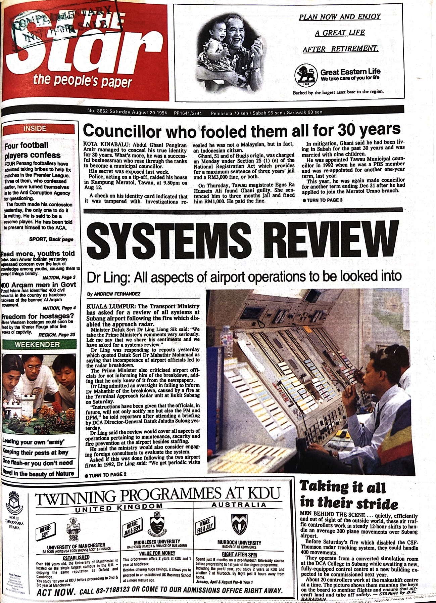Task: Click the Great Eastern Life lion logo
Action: tap(306, 75)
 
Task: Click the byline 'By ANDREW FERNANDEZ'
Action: tap(114, 294)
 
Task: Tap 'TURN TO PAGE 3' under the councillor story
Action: tap(323, 200)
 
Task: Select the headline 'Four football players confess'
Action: tap(33, 150)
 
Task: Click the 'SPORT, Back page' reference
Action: tap(51, 240)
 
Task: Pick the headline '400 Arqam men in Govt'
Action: tap(38, 285)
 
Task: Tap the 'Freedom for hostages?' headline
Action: tap(38, 316)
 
